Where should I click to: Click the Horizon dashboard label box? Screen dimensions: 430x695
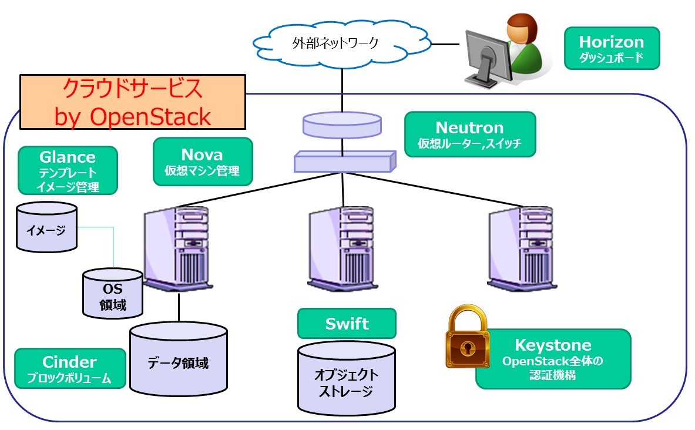click(611, 48)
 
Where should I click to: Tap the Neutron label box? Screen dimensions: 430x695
click(470, 135)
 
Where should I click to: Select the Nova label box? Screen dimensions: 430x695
click(202, 162)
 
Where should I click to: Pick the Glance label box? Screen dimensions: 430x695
click(68, 170)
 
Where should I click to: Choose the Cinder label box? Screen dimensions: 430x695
click(70, 368)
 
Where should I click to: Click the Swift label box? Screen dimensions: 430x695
click(347, 324)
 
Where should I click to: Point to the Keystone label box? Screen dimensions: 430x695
click(553, 359)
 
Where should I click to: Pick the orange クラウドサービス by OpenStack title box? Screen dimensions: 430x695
click(132, 102)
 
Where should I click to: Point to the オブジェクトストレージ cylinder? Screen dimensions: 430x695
click(346, 378)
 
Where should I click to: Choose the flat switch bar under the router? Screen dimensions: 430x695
click(343, 161)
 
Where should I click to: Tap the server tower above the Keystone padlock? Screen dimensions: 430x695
click(522, 249)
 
